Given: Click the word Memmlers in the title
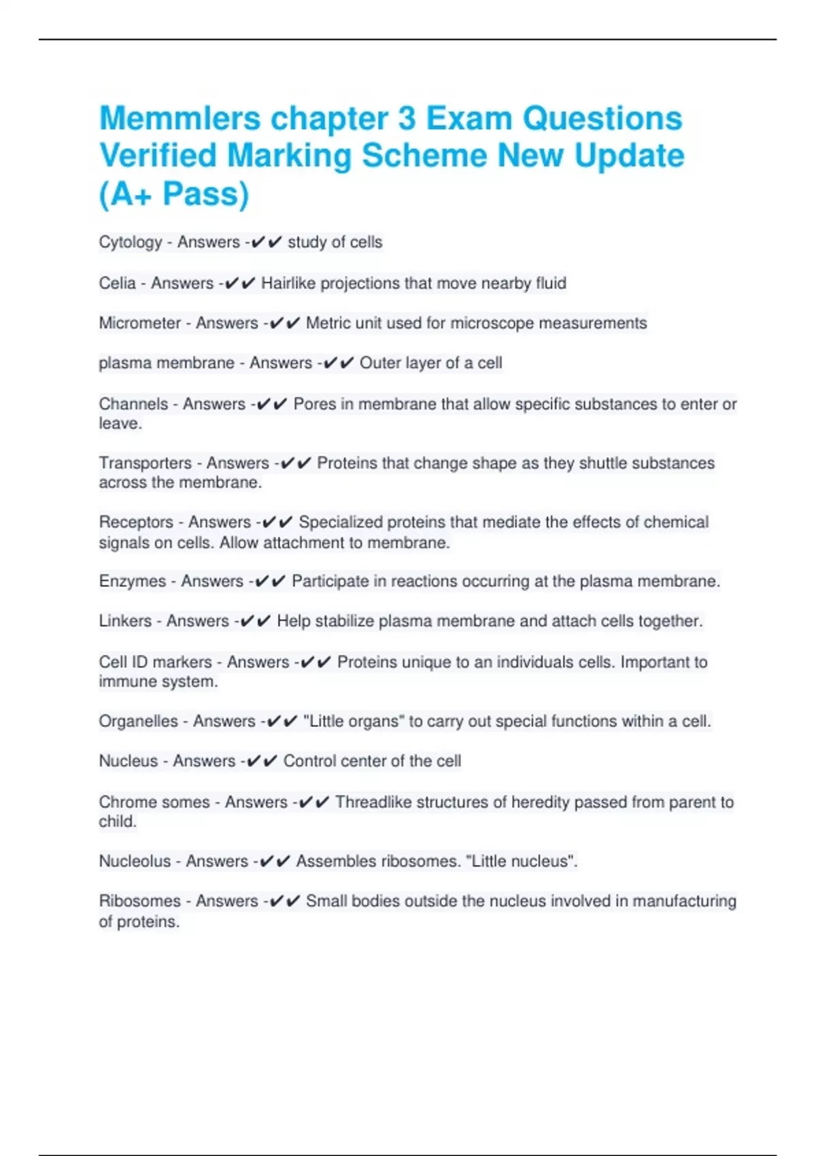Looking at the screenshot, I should click(x=180, y=118).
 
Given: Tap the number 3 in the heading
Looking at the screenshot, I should click(x=407, y=118).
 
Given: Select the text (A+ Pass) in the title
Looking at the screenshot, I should click(x=174, y=194).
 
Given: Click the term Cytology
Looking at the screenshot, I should click(x=131, y=243).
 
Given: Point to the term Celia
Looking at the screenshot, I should click(x=117, y=283).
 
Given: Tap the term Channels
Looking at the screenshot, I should click(x=133, y=404).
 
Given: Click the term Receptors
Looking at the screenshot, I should click(x=136, y=522).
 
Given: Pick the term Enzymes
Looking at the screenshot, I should click(x=132, y=581).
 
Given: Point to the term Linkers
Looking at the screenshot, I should click(x=125, y=621).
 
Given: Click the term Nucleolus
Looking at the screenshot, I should click(x=135, y=861).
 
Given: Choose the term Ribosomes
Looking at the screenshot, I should click(x=140, y=901).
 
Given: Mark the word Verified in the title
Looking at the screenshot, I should click(x=158, y=156).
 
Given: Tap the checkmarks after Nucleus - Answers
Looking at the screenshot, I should click(x=261, y=762).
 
